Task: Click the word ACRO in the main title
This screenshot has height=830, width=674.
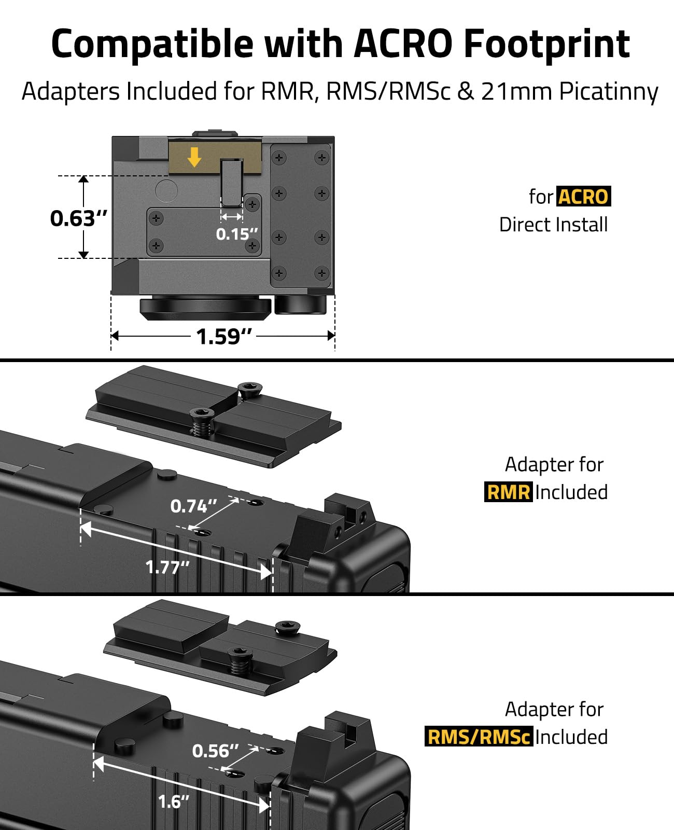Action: [403, 44]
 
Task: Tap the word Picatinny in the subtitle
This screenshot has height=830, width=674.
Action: [609, 92]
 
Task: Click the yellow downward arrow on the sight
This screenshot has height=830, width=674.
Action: [194, 157]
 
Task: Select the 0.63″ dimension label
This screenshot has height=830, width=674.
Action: [78, 218]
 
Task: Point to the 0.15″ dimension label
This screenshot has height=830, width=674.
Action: [237, 234]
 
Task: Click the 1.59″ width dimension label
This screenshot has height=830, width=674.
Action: [223, 336]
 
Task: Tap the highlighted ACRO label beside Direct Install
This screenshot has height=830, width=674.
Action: [583, 196]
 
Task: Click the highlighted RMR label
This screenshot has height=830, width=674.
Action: [508, 492]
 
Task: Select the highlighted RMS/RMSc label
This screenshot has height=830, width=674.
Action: [479, 736]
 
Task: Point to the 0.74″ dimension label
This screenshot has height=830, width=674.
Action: [193, 506]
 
